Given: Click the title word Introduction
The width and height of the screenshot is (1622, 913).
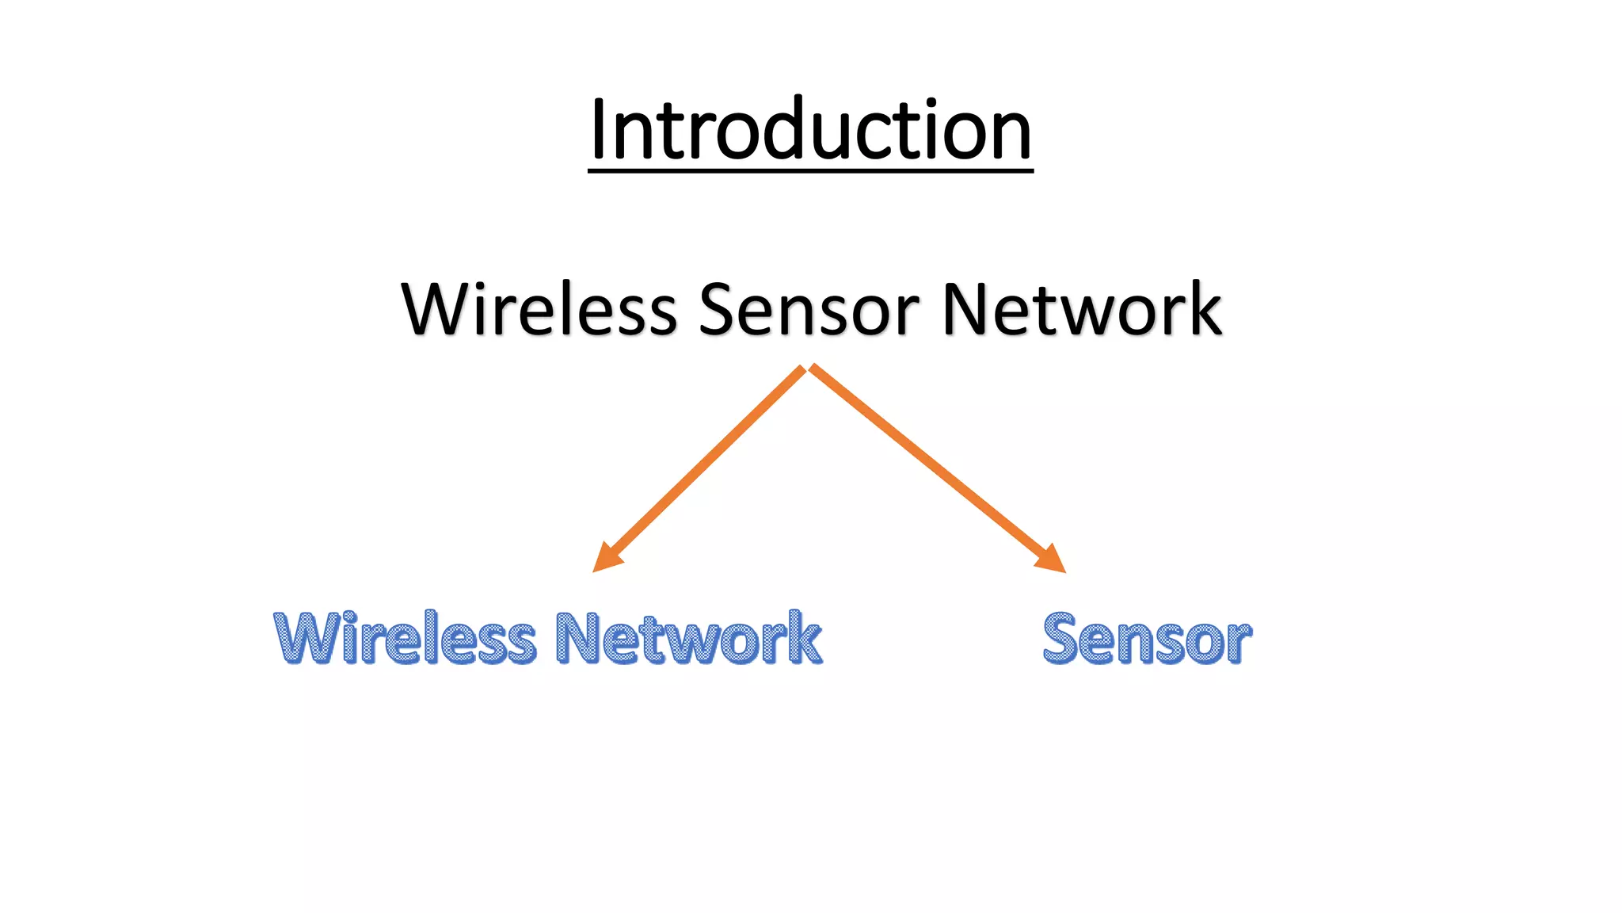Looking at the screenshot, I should pos(810,129).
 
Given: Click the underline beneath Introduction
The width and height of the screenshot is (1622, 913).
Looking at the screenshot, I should pos(810,168).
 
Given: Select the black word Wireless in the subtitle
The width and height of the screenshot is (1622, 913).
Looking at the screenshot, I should pos(539,309).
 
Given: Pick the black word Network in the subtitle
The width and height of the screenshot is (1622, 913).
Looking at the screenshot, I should pos(1082,309).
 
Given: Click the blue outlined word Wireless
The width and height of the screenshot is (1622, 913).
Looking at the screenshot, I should pos(405,639).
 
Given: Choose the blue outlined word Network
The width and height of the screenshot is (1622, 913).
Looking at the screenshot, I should pos(688,639).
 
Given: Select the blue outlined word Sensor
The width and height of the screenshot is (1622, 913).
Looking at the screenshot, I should pos(1147,639).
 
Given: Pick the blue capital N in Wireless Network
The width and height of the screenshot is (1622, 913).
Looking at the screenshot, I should pos(578,639).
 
